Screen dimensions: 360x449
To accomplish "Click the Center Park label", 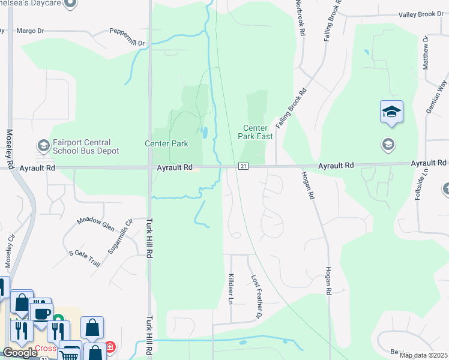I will pyautogui.click(x=166, y=143).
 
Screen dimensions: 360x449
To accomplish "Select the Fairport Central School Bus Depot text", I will pyautogui.click(x=81, y=147).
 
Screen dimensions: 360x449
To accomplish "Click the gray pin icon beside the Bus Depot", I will pyautogui.click(x=43, y=145).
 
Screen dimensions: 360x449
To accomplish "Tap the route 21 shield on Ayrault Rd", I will pyautogui.click(x=243, y=166).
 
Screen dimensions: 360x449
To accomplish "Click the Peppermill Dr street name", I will pyautogui.click(x=127, y=36).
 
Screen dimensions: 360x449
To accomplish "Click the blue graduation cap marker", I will pyautogui.click(x=391, y=112).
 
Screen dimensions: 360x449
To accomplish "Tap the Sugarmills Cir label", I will pyautogui.click(x=120, y=236).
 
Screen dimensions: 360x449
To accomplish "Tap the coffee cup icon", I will pyautogui.click(x=41, y=313).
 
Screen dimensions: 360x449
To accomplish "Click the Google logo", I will pyautogui.click(x=20, y=353).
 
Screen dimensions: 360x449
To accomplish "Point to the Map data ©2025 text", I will pyautogui.click(x=423, y=355).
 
